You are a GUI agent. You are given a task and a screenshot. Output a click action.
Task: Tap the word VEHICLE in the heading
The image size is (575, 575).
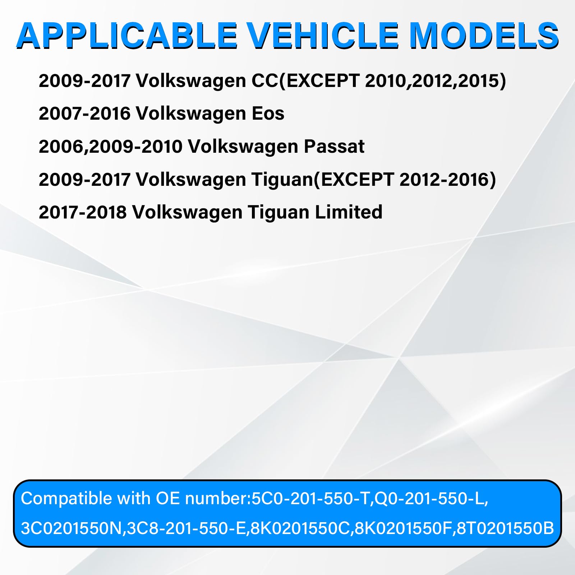coord(323,36)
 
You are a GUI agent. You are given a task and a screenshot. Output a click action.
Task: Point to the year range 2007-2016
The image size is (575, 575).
coord(84,114)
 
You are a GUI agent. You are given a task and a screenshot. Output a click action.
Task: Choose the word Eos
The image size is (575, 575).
coord(268,114)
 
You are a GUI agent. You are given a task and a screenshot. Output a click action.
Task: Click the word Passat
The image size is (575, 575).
coord(334,146)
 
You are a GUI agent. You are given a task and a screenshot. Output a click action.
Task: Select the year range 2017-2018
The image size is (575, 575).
coord(83,212)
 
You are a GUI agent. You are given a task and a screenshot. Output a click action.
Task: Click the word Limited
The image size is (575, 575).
coord(349,212)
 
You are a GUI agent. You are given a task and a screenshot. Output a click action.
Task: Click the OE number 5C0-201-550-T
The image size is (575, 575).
coord(310,499)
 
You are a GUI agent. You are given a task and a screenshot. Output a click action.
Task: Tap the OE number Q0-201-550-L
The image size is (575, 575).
coord(429,499)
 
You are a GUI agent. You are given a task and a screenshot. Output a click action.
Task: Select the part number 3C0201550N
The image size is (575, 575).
coord(71,528)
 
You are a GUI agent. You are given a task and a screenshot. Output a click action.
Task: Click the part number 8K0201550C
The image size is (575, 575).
coord(300,528)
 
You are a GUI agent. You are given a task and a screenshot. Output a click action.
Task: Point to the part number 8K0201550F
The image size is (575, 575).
coord(403,528)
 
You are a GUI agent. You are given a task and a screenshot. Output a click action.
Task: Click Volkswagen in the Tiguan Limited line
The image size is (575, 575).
coord(187,212)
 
